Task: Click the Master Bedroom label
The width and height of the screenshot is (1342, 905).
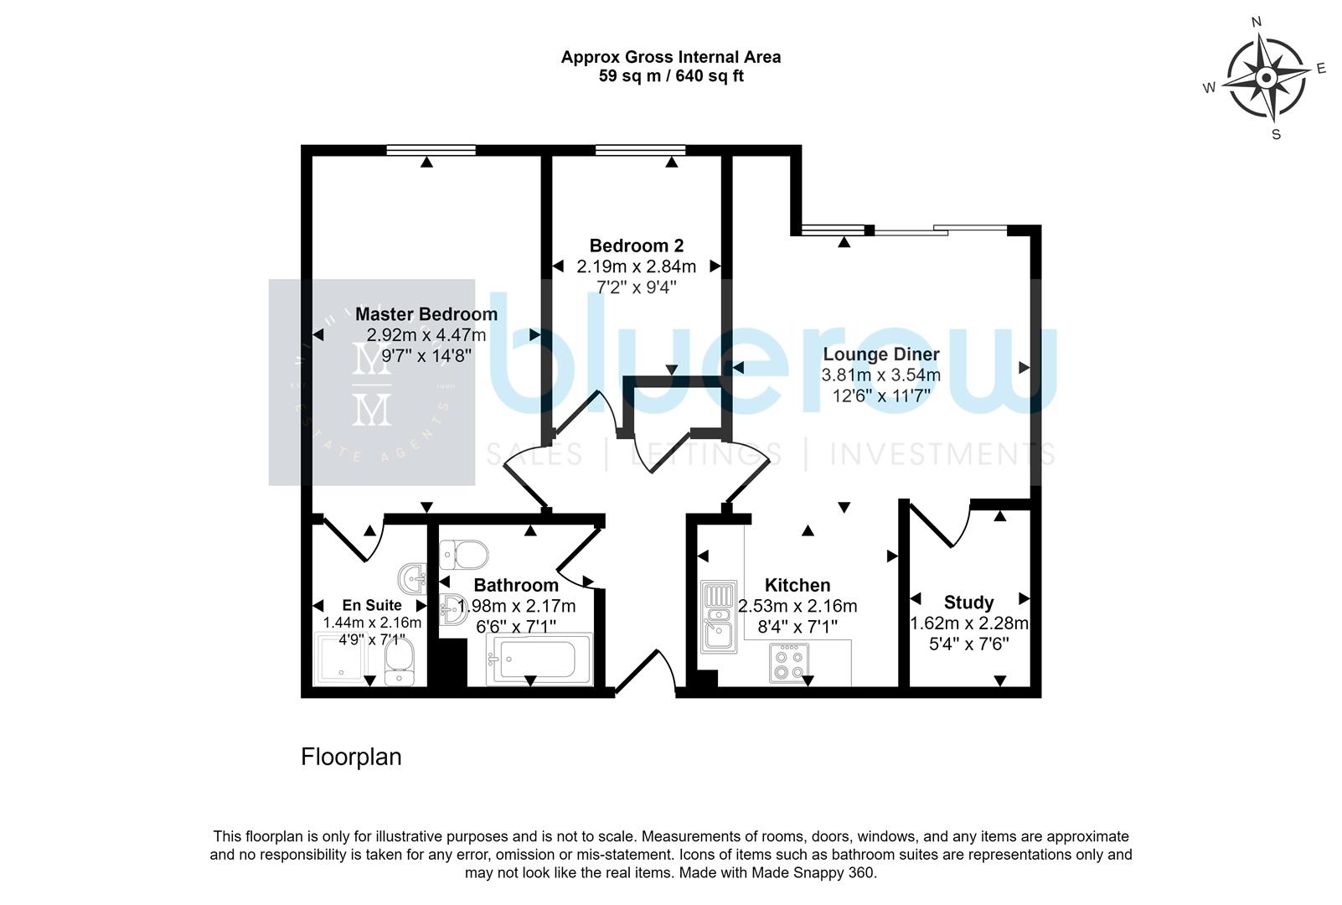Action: pos(426,314)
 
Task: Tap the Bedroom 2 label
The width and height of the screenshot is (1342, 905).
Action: pos(636,246)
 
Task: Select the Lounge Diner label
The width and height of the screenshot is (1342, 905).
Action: pos(880,354)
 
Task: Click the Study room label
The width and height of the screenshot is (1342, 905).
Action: pos(968,602)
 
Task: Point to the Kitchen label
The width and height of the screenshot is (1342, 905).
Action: pos(797,585)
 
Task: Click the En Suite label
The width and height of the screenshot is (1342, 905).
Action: pos(371,605)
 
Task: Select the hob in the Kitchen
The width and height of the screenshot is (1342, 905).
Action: pos(788,662)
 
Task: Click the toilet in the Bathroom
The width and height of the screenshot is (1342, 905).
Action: pos(465,553)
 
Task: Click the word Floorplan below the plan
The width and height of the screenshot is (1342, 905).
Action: pos(351,758)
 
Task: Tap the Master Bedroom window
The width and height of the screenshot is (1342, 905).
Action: pos(431,150)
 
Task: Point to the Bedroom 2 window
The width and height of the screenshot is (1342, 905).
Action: pos(640,150)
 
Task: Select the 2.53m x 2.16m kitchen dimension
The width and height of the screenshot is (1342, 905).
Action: pos(797,606)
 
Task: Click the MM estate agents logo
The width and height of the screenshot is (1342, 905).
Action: pos(371,382)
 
